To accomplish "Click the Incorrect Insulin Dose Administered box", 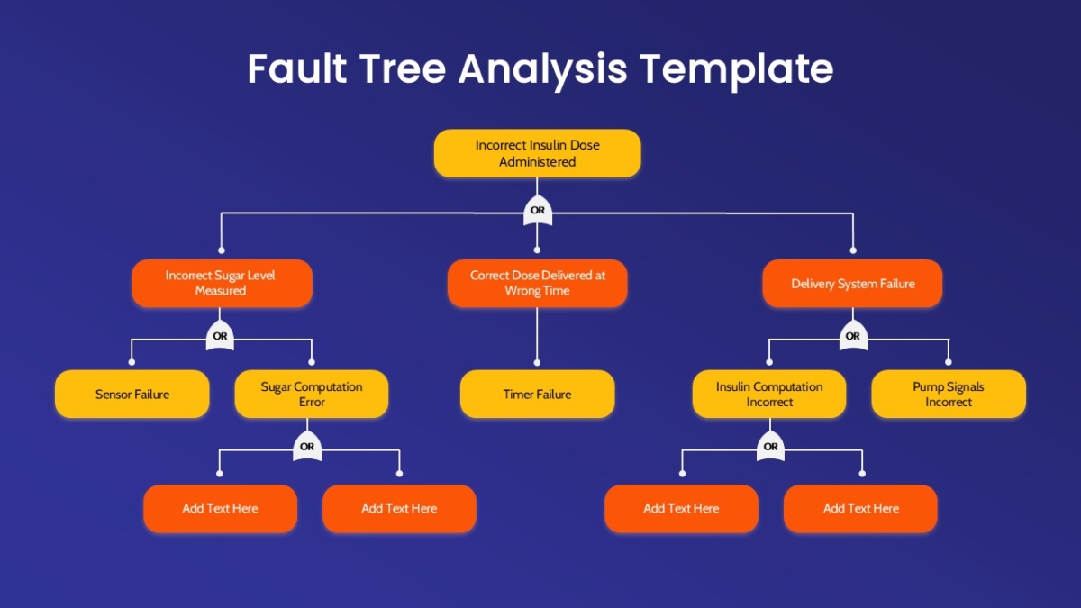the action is (x=537, y=153).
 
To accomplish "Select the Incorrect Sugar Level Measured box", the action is (x=222, y=283).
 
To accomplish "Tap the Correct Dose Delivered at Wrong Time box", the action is (x=537, y=283).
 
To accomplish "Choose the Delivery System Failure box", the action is (x=852, y=283).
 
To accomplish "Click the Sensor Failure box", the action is (x=132, y=394).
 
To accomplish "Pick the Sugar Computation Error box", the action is (x=312, y=394).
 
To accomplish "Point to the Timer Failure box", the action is (x=537, y=394).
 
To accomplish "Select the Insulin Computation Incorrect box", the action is (x=769, y=394).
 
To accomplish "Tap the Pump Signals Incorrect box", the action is (x=949, y=394).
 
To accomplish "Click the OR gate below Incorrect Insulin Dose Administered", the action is (x=538, y=211).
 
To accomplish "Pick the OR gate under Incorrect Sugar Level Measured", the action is (x=220, y=336).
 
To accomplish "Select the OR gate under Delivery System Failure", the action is (x=853, y=336).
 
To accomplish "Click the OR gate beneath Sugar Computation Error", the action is (x=307, y=447).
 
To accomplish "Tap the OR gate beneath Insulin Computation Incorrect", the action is (x=770, y=447).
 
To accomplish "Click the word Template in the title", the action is (x=737, y=70).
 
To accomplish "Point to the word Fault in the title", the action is (x=297, y=68).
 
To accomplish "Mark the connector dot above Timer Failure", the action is (x=537, y=362).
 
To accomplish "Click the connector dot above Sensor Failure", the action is (x=132, y=362).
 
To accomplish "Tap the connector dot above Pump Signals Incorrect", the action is (x=949, y=362).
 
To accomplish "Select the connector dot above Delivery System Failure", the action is (x=853, y=250).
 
